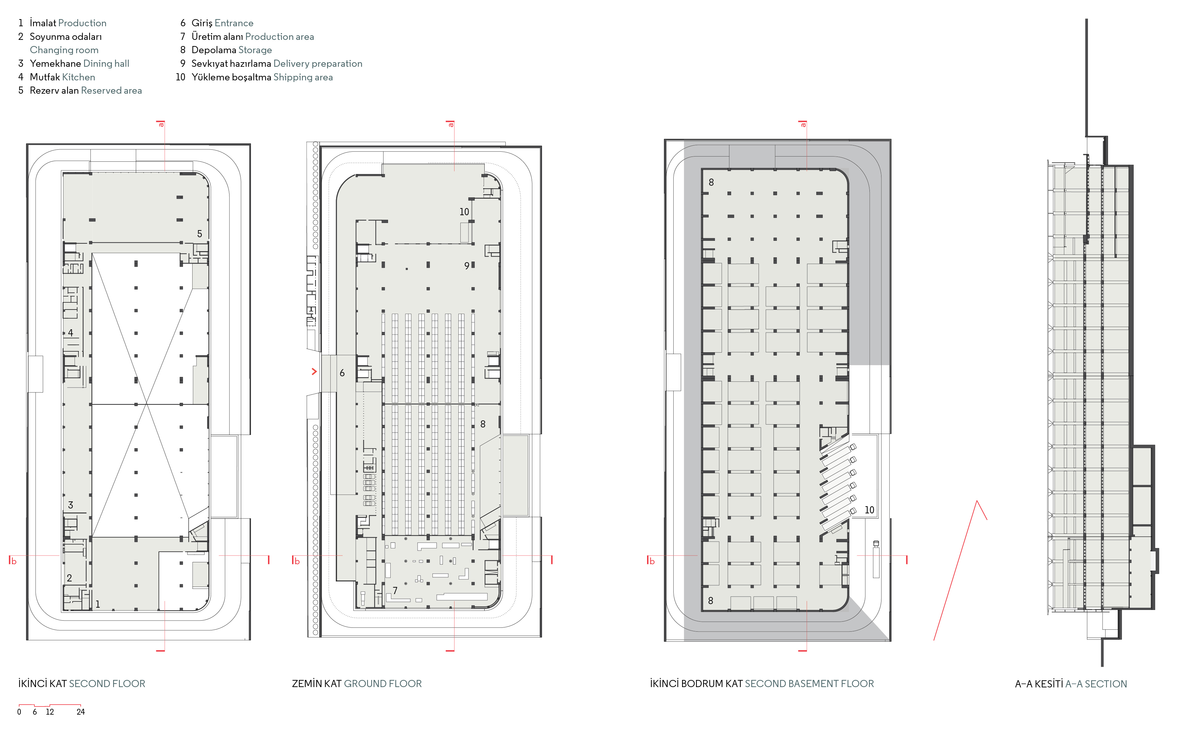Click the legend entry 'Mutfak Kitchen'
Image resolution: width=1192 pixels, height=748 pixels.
click(x=62, y=77)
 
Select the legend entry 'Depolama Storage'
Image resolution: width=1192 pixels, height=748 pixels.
click(x=231, y=50)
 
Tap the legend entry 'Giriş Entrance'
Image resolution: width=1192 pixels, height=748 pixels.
click(x=222, y=23)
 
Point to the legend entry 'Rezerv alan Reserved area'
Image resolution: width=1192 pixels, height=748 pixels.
click(x=86, y=90)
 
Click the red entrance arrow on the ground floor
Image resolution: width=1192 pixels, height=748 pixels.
click(x=314, y=371)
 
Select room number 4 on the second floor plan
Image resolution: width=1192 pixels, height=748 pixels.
click(x=71, y=333)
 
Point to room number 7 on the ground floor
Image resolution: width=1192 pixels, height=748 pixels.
click(x=395, y=590)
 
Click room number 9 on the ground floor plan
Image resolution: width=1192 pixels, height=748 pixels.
click(x=466, y=266)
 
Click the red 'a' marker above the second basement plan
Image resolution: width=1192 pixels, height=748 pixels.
click(x=803, y=124)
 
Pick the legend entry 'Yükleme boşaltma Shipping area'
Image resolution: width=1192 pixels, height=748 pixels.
click(x=262, y=77)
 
